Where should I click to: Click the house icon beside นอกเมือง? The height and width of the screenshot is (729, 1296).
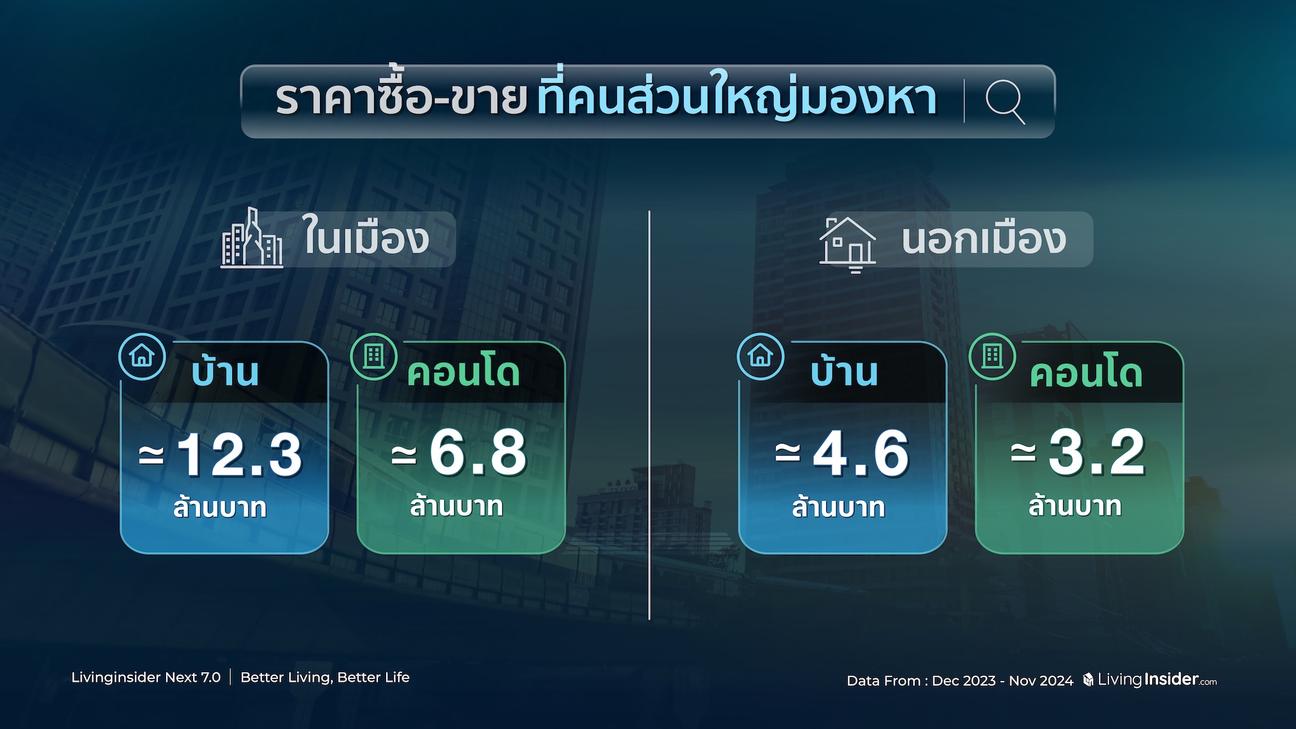(848, 244)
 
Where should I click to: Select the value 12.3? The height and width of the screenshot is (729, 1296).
(240, 454)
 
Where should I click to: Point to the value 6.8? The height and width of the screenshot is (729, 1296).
(478, 452)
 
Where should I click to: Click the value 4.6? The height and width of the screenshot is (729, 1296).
(861, 453)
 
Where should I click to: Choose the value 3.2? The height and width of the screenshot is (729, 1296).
(1097, 452)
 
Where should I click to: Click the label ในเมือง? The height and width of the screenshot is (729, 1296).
(365, 237)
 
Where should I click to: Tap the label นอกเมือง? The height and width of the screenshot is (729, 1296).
(984, 239)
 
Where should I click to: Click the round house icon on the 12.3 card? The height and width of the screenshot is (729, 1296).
(142, 356)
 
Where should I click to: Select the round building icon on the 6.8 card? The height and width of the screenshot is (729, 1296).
(374, 356)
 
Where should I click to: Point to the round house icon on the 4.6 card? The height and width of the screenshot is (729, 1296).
(761, 356)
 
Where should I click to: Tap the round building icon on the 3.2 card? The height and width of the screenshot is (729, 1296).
(992, 356)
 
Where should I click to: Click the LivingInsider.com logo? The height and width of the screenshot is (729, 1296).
(1150, 679)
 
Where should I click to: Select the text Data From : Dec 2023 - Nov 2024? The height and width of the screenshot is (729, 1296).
(960, 680)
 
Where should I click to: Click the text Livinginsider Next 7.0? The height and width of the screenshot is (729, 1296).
(146, 677)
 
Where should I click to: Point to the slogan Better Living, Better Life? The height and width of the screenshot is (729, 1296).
(325, 677)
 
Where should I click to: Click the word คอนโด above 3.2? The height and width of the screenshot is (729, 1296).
(1086, 373)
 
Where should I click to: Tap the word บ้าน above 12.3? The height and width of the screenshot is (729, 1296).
(225, 371)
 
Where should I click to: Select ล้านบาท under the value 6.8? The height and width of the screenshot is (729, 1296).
(457, 506)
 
